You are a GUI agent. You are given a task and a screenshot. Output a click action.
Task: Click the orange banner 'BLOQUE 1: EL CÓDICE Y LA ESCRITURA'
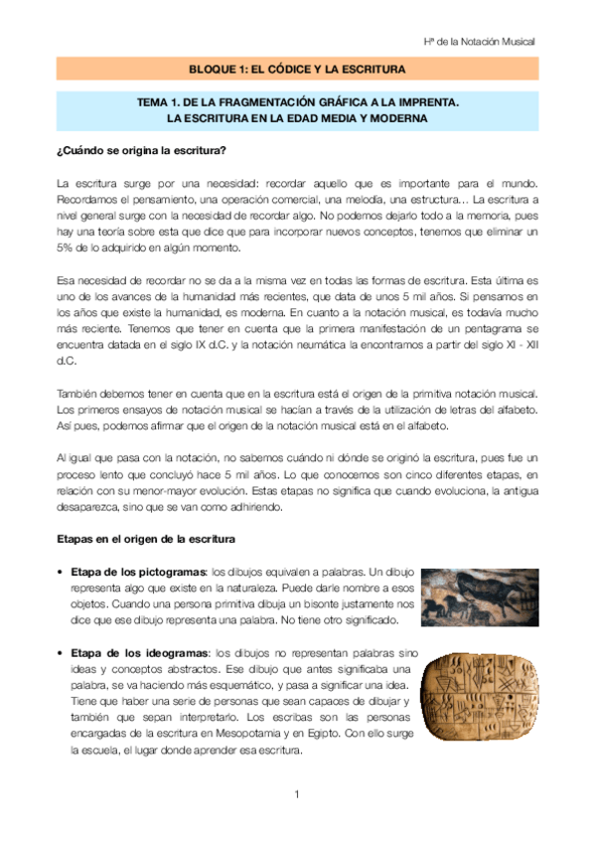tap(297, 70)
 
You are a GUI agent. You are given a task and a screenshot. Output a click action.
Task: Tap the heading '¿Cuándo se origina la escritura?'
tap(141, 150)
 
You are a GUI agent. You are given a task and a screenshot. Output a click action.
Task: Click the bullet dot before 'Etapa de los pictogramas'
tap(62, 573)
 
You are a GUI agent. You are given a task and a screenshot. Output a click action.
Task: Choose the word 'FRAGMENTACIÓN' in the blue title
tap(243, 102)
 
